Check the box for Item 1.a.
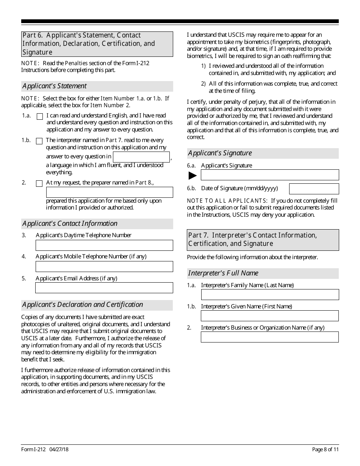(x=39, y=117)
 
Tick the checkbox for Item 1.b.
(x=39, y=141)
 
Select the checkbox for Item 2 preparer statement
(x=39, y=184)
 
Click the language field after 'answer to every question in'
(x=141, y=157)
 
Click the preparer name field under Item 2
(x=109, y=192)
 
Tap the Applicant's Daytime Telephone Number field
(x=104, y=245)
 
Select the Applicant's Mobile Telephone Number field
(x=104, y=266)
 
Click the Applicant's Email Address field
(x=104, y=288)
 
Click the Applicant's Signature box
(x=269, y=175)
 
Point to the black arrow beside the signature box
(x=193, y=175)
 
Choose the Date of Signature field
(x=314, y=189)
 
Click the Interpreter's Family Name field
(x=269, y=295)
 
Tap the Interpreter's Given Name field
(x=269, y=316)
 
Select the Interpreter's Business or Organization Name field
(x=269, y=337)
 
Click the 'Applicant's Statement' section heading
(x=55, y=86)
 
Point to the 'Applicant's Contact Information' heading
(x=70, y=224)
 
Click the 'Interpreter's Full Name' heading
(x=223, y=273)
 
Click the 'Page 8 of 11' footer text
(x=325, y=449)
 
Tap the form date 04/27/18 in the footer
(x=59, y=449)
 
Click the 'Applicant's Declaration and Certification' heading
(x=83, y=305)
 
